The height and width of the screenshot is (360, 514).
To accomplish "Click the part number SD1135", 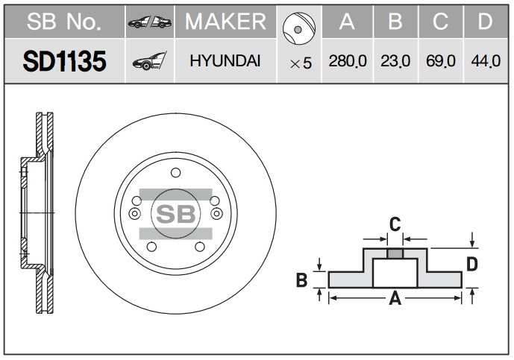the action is (x=65, y=61).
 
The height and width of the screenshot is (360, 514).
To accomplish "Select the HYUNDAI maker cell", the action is (x=225, y=61).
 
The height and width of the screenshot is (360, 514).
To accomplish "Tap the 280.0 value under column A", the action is (x=348, y=61).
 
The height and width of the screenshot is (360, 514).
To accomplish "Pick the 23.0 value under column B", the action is (x=395, y=61).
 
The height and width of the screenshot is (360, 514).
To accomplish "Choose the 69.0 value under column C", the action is (x=441, y=61).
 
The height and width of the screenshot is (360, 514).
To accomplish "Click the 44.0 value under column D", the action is (x=486, y=61).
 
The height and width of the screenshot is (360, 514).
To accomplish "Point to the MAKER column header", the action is (x=225, y=22).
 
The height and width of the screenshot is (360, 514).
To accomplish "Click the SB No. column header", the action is (x=64, y=22).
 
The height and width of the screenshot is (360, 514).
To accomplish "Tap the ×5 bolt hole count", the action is (x=301, y=63).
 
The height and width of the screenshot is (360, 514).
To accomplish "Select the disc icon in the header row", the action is (x=298, y=28).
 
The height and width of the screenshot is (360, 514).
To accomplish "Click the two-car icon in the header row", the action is (x=150, y=22).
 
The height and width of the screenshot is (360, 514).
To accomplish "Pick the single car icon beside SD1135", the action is (x=150, y=61).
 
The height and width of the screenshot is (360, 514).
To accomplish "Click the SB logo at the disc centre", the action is (x=176, y=214).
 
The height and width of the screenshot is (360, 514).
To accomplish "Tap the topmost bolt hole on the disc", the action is (x=176, y=172).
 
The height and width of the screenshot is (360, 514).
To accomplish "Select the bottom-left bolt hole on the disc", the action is (x=151, y=247).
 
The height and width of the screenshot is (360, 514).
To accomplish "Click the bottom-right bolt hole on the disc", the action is (x=200, y=247).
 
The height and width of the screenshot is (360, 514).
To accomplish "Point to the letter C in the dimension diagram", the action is (x=395, y=224).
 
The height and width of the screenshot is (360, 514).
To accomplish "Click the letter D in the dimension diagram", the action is (x=472, y=264).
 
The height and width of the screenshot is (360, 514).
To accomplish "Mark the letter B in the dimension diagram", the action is (x=302, y=280).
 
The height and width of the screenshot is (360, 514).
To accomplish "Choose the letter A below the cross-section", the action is (x=395, y=298).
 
